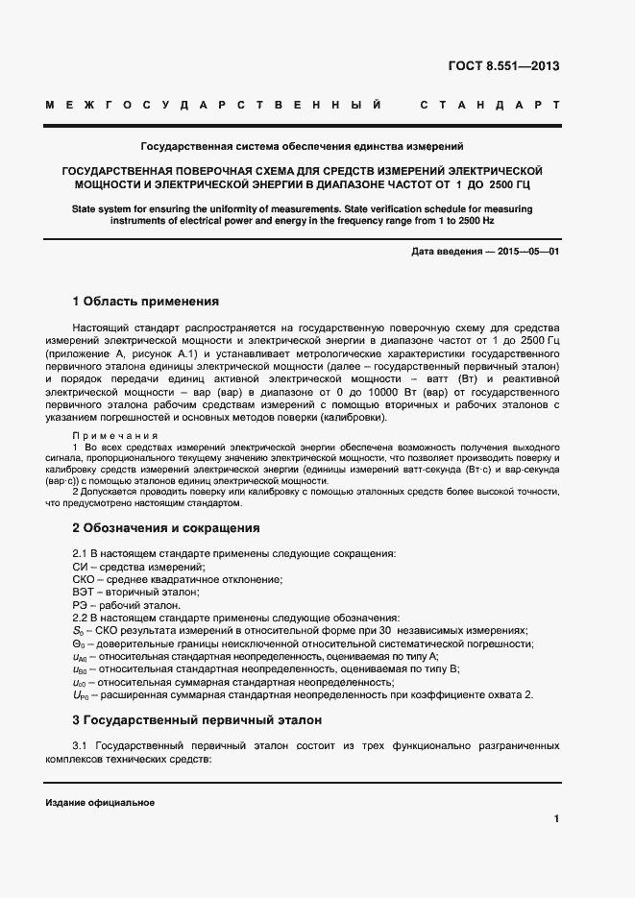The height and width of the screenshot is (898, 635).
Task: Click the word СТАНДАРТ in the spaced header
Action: (x=491, y=104)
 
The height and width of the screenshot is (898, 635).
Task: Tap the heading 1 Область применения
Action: (x=146, y=301)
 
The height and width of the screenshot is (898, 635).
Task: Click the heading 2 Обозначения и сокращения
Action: (x=166, y=527)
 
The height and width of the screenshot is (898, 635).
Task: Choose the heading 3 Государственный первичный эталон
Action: (x=197, y=719)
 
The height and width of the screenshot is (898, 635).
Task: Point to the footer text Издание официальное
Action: (x=100, y=803)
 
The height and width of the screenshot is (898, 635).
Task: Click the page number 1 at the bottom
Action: (x=556, y=819)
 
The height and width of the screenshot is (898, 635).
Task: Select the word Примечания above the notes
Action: (x=116, y=436)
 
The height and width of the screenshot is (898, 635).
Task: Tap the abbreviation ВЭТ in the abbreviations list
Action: (x=85, y=593)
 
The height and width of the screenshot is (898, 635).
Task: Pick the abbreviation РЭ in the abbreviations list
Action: (x=82, y=605)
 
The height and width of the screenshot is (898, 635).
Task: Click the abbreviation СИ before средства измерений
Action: (x=81, y=568)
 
